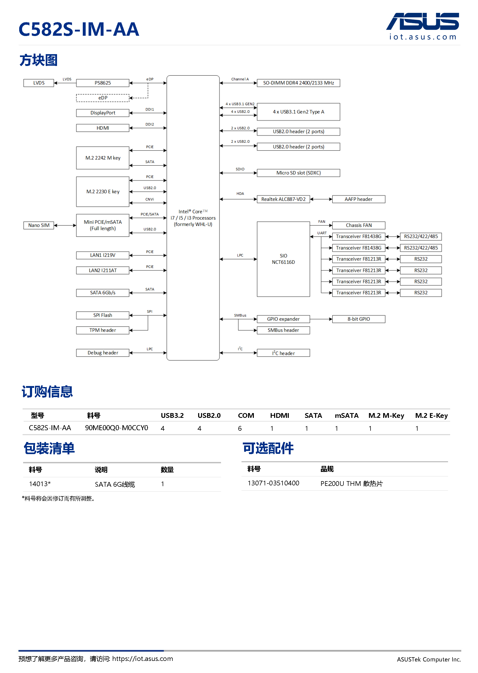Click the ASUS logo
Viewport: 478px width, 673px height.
point(422,22)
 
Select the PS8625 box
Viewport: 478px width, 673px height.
point(102,83)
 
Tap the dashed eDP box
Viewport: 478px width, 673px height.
point(102,98)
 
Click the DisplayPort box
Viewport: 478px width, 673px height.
point(102,113)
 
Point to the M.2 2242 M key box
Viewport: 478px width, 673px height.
point(102,158)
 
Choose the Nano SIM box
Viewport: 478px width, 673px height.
point(39,225)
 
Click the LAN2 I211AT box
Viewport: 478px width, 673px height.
point(102,270)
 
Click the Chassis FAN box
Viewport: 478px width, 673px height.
point(358,225)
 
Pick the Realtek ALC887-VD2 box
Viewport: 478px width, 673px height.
point(283,199)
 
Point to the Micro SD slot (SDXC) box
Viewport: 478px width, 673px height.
point(298,173)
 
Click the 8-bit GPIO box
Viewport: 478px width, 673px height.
point(358,319)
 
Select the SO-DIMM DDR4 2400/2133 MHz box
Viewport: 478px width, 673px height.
point(298,83)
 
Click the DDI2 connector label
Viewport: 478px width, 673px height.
point(150,125)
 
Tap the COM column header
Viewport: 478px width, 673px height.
point(246,415)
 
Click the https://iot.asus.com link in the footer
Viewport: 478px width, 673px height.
point(142,659)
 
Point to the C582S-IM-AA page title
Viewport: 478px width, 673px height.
point(79,29)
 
